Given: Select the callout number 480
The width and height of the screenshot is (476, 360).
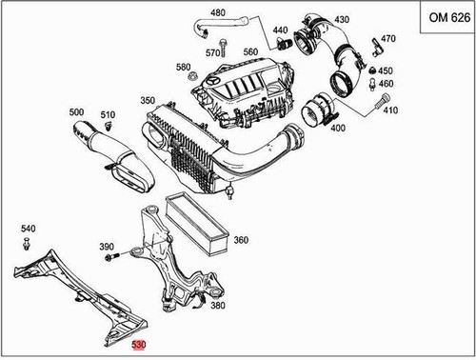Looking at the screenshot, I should tap(218, 12).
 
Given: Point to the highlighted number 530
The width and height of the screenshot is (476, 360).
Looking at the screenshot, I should tap(140, 345).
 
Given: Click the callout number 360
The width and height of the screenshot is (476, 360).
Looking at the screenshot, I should tap(240, 241).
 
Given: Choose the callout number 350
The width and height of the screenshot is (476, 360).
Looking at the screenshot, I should tap(148, 100).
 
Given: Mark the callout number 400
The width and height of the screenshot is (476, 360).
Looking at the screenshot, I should tap(337, 129).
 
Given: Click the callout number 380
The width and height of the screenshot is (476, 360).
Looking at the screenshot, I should tap(217, 307).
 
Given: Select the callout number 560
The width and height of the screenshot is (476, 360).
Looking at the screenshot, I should tap(250, 51).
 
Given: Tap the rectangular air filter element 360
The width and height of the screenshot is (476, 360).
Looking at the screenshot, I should tap(196, 223).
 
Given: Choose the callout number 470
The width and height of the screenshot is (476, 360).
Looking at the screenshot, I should tap(387, 39).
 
